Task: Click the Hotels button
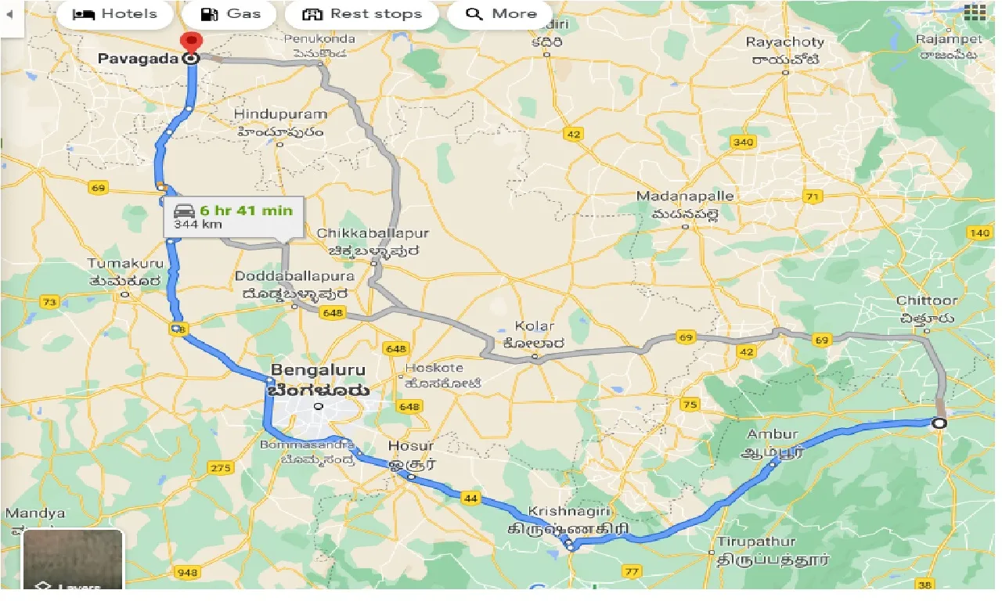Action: (x=114, y=14)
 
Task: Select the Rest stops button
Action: (x=362, y=14)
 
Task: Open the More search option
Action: (x=501, y=14)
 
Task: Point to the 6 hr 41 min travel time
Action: (x=246, y=211)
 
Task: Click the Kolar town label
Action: (x=535, y=326)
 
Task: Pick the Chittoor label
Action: (x=927, y=301)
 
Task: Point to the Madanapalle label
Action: (x=685, y=196)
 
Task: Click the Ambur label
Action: (x=773, y=434)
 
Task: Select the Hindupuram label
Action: (x=280, y=115)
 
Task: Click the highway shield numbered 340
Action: (x=742, y=142)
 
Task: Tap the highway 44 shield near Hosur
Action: (x=470, y=498)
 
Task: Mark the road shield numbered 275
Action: (x=221, y=468)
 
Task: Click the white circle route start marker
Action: (x=939, y=423)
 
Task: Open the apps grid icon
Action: (x=975, y=12)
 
